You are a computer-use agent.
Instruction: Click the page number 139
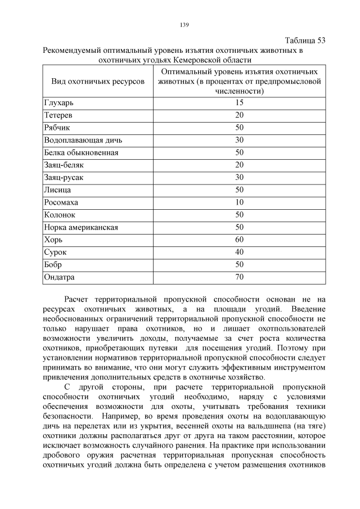pos(183,25)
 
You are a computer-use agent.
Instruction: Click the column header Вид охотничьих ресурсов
pos(98,82)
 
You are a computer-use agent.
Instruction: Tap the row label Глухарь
pos(59,103)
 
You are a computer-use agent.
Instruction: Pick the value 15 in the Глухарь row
pos(239,103)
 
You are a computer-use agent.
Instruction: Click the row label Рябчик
pos(57,128)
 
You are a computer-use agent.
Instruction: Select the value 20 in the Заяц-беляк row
pos(239,165)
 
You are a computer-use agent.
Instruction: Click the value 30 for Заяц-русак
pos(239,177)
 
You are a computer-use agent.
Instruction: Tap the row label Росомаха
pos(61,202)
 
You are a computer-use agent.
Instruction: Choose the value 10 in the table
pos(239,202)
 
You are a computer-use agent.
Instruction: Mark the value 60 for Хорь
pos(239,240)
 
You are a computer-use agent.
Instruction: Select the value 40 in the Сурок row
pos(239,252)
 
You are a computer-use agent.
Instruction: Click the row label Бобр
pos(53,264)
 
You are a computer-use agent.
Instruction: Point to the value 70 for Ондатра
pos(239,277)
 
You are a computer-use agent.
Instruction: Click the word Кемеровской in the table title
pos(198,59)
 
